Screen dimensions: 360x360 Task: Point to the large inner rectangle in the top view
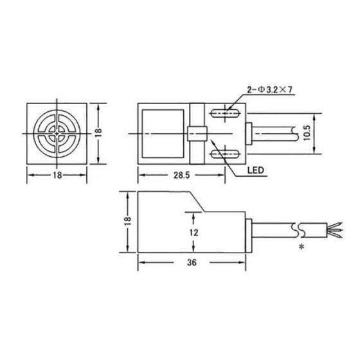pos(163,134)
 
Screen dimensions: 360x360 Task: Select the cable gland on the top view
pos(250,134)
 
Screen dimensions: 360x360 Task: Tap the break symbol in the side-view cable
pos(297,230)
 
